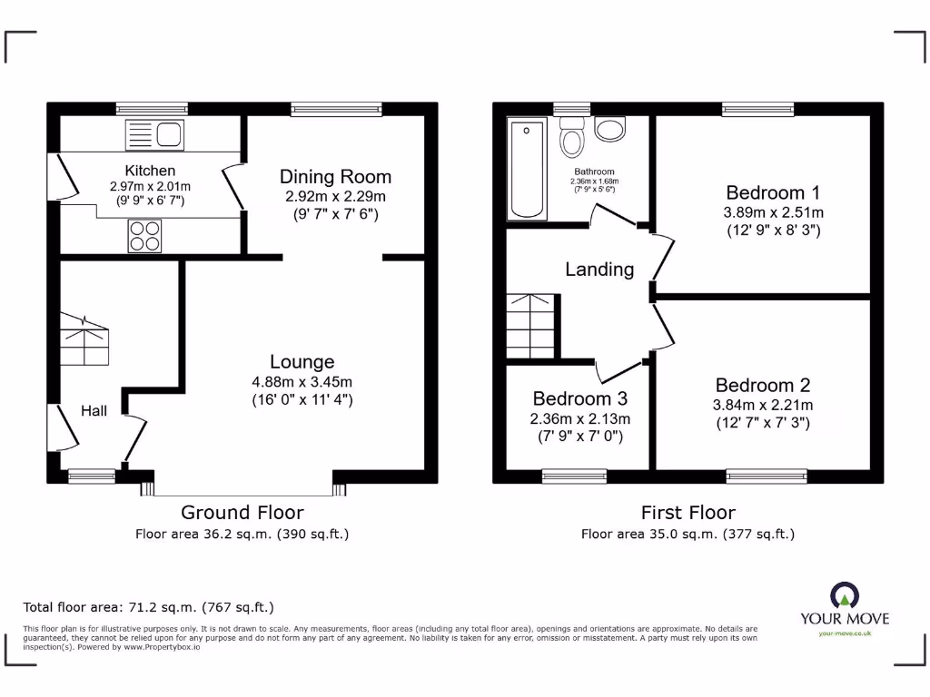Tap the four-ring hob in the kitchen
tap(143, 236)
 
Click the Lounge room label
tap(302, 362)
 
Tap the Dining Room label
tap(335, 177)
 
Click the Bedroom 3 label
tap(579, 399)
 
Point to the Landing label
tap(599, 270)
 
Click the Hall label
tap(94, 411)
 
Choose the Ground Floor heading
tap(242, 513)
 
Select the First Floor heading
tap(688, 513)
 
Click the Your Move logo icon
tap(845, 595)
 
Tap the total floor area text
tap(148, 607)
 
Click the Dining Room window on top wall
tap(336, 109)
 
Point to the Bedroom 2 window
tap(766, 476)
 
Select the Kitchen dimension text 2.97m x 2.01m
tap(151, 186)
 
